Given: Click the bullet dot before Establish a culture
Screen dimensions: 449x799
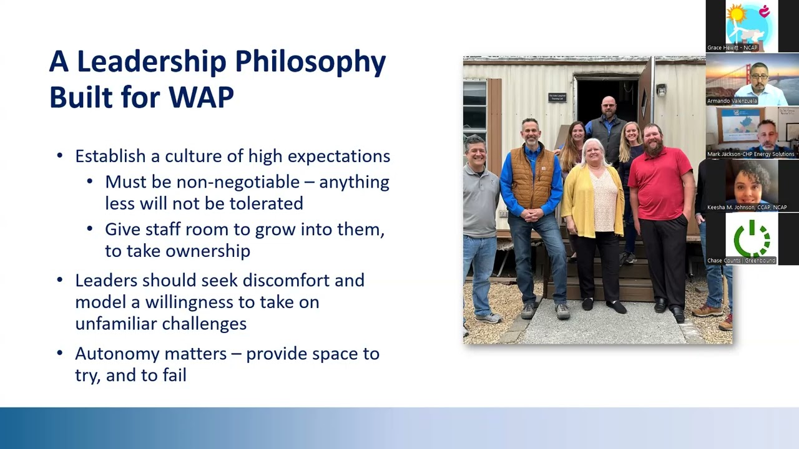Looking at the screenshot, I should pos(60,156).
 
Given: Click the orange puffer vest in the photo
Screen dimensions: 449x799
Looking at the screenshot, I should pos(531,177).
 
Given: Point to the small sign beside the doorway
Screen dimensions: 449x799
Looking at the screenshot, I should pos(557,97).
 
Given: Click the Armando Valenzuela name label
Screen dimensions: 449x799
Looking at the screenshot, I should pos(732,101).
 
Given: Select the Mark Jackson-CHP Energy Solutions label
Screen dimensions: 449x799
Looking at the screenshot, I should pos(750,154).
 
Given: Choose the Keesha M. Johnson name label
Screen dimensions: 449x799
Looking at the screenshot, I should pos(747,207).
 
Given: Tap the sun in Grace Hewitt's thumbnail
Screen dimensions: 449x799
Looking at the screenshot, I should pos(737,13).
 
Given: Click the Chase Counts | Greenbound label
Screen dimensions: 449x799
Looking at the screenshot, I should pos(742,261).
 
